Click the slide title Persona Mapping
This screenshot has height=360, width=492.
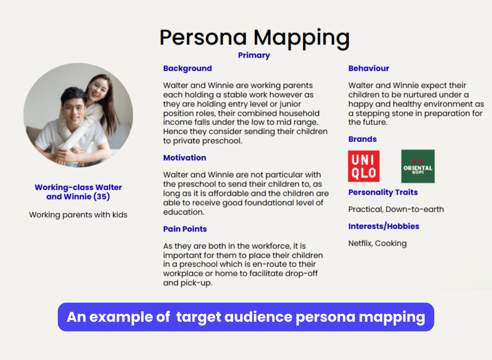point(254,39)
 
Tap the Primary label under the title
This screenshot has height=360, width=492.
point(254,55)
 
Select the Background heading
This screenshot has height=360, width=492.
point(187,68)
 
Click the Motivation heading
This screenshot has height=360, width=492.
point(184,158)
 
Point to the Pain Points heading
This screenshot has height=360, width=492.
point(185,229)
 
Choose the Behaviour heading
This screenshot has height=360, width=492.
point(369,68)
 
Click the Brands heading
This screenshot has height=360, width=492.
point(362,139)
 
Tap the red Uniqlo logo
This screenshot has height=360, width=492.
point(364,166)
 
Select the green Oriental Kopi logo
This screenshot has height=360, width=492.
point(418,166)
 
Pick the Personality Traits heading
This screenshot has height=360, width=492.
point(383,192)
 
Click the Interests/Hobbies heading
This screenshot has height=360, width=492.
point(384,226)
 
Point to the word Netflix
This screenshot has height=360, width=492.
point(360,244)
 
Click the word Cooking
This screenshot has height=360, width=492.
point(391,244)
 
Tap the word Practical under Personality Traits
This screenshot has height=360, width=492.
point(366,210)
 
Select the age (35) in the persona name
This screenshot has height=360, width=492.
point(102,196)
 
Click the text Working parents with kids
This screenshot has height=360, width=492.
point(78,215)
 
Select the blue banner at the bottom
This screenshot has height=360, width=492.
point(246,317)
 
